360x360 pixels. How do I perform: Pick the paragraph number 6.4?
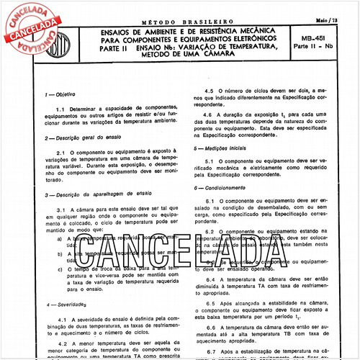click(209, 278)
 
